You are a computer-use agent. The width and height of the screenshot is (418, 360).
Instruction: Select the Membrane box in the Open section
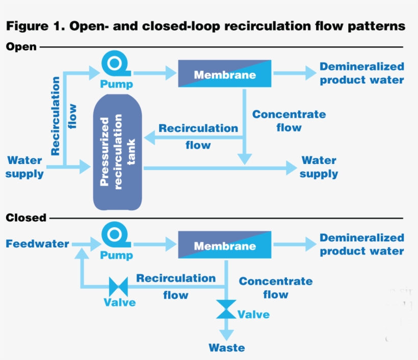point(224,75)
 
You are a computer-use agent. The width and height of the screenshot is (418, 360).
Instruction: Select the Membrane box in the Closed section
point(224,246)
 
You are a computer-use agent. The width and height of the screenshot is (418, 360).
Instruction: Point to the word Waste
point(226,348)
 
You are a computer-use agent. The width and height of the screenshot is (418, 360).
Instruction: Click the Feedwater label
point(37,244)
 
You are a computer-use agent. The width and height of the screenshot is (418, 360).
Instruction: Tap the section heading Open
point(21,47)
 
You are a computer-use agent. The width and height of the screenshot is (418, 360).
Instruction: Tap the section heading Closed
point(25,218)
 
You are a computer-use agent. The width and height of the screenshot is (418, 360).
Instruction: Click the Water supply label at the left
point(24,167)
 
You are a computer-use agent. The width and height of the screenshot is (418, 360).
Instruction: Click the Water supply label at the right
point(319,167)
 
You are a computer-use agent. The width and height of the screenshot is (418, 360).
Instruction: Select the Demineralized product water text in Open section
point(361,73)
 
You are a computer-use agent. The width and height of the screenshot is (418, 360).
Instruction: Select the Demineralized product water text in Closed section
point(361,244)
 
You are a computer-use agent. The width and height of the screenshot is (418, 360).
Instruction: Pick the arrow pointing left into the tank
point(194,136)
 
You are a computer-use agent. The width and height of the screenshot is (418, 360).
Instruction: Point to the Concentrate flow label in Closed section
point(275,288)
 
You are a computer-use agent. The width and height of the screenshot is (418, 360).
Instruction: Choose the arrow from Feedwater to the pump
point(85,244)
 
